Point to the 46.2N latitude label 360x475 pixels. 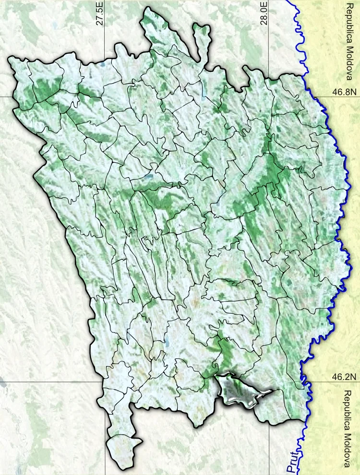(x=344, y=378)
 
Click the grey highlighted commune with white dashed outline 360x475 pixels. (x=240, y=392)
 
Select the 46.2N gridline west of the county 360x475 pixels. (x=48, y=382)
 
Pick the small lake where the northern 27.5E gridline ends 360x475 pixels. (x=104, y=64)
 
